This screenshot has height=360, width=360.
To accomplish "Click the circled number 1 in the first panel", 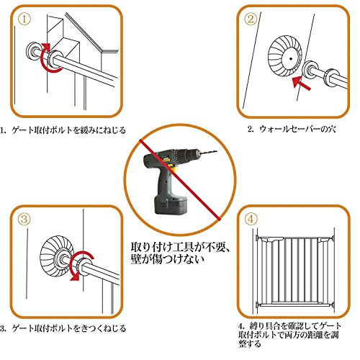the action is point(24,19).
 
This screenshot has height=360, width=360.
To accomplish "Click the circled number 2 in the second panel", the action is point(251,19).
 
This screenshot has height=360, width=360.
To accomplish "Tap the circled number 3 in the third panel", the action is point(24,219).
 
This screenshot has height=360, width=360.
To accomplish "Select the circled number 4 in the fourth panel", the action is point(251,219).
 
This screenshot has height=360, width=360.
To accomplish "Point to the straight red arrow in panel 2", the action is point(302,84).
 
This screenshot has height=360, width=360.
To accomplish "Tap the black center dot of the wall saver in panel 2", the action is point(291,58).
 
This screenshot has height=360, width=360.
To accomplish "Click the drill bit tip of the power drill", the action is point(217,151).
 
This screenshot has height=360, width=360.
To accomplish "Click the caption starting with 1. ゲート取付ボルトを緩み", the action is point(63,130).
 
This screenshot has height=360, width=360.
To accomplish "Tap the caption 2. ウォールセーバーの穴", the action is point(292,130).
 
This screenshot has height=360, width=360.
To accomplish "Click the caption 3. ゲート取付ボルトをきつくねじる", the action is point(63,328).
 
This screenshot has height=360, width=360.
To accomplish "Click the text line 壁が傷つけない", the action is point(168,259).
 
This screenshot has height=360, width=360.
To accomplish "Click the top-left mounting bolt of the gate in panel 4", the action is point(258,238).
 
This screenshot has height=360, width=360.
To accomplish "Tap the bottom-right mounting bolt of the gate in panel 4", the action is point(333,305).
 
